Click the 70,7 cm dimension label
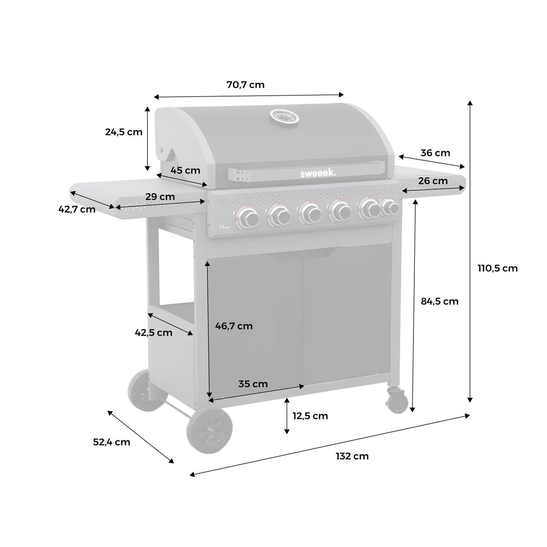click(245, 85)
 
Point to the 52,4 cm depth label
click(112, 442)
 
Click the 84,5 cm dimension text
click(439, 301)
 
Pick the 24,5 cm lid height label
click(124, 132)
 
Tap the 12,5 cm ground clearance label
click(310, 416)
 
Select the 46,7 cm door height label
click(233, 326)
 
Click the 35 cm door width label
click(253, 384)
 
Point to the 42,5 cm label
click(154, 332)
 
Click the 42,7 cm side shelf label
click(77, 209)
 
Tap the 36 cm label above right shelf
click(435, 153)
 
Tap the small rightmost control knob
click(390, 207)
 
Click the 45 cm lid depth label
click(186, 170)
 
